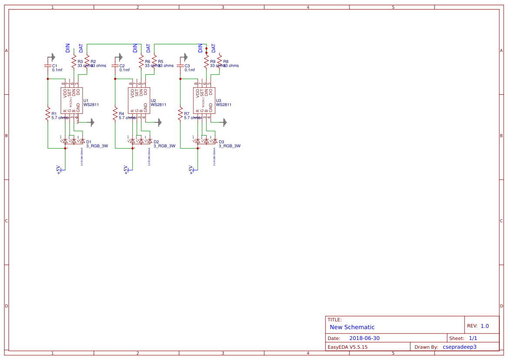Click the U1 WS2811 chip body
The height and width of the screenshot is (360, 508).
(x=72, y=101)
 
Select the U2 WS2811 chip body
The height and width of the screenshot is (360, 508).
(x=139, y=101)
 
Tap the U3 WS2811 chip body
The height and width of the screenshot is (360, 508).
(x=204, y=101)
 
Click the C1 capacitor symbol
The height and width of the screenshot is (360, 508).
(x=48, y=66)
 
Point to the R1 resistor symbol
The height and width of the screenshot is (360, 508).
(x=48, y=115)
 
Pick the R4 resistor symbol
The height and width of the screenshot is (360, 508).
(x=115, y=115)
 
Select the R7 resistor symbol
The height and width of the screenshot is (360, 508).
(x=180, y=115)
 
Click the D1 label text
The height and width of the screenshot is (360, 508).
(x=89, y=142)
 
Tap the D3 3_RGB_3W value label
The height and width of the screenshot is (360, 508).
(x=229, y=146)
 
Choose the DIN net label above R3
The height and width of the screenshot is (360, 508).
(x=68, y=48)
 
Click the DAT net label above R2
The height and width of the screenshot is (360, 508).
(x=81, y=48)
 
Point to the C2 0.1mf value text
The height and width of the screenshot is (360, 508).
(x=125, y=70)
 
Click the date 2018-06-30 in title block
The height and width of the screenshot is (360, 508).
(x=365, y=338)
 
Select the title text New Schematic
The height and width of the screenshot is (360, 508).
(x=352, y=327)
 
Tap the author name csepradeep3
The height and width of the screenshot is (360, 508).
(x=459, y=347)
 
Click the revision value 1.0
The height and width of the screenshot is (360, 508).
(x=485, y=326)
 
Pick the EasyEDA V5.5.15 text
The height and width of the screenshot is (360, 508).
(x=347, y=347)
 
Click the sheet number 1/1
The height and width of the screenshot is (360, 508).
(x=473, y=338)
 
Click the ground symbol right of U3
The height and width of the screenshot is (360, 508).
(x=225, y=122)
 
